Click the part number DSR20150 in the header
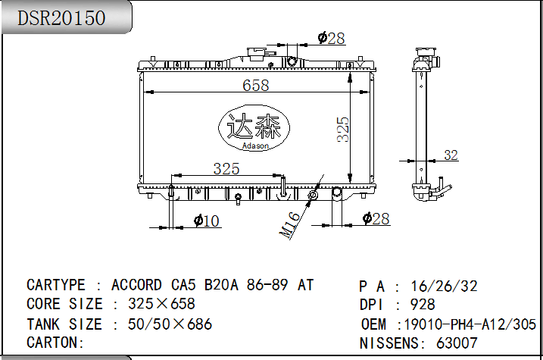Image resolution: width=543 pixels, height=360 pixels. (61, 18)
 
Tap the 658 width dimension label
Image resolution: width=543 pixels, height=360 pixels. (255, 85)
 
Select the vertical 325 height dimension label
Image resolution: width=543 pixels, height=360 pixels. (343, 130)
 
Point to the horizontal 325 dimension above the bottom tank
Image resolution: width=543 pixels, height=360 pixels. (226, 169)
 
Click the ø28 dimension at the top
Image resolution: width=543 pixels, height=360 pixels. (332, 38)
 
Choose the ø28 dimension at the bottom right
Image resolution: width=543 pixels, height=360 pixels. (376, 218)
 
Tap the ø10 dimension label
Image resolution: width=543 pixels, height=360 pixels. (207, 221)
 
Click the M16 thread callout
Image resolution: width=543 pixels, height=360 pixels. (289, 226)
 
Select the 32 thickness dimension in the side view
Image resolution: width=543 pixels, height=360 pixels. (451, 155)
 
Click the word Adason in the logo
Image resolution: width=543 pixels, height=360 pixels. (255, 146)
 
